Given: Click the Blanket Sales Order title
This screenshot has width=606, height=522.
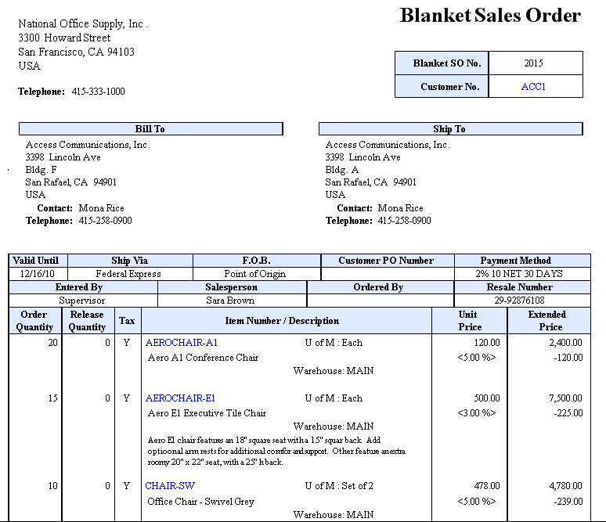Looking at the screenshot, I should pyautogui.click(x=490, y=16).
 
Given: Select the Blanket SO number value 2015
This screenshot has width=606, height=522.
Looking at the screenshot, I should pyautogui.click(x=534, y=63).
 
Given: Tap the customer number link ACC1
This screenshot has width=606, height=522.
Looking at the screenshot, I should pyautogui.click(x=533, y=87).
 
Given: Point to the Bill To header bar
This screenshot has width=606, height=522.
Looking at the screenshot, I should pyautogui.click(x=150, y=129).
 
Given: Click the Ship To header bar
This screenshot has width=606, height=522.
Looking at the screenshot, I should pyautogui.click(x=449, y=129).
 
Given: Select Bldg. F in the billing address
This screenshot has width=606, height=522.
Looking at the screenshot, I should pyautogui.click(x=41, y=170).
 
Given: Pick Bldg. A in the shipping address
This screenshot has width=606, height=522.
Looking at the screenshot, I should pyautogui.click(x=342, y=170).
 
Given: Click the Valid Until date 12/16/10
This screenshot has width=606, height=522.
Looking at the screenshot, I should pyautogui.click(x=38, y=274).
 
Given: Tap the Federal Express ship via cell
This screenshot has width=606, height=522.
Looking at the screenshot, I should pyautogui.click(x=128, y=274).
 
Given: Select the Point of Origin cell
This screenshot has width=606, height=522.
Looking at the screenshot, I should pyautogui.click(x=255, y=274).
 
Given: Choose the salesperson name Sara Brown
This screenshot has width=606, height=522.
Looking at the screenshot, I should pyautogui.click(x=230, y=301).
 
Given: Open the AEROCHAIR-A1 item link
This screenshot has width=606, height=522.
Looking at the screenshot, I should pyautogui.click(x=182, y=343).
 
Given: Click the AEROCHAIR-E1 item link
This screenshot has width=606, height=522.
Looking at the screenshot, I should pyautogui.click(x=181, y=398).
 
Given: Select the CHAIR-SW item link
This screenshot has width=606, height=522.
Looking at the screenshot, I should pyautogui.click(x=170, y=486).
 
